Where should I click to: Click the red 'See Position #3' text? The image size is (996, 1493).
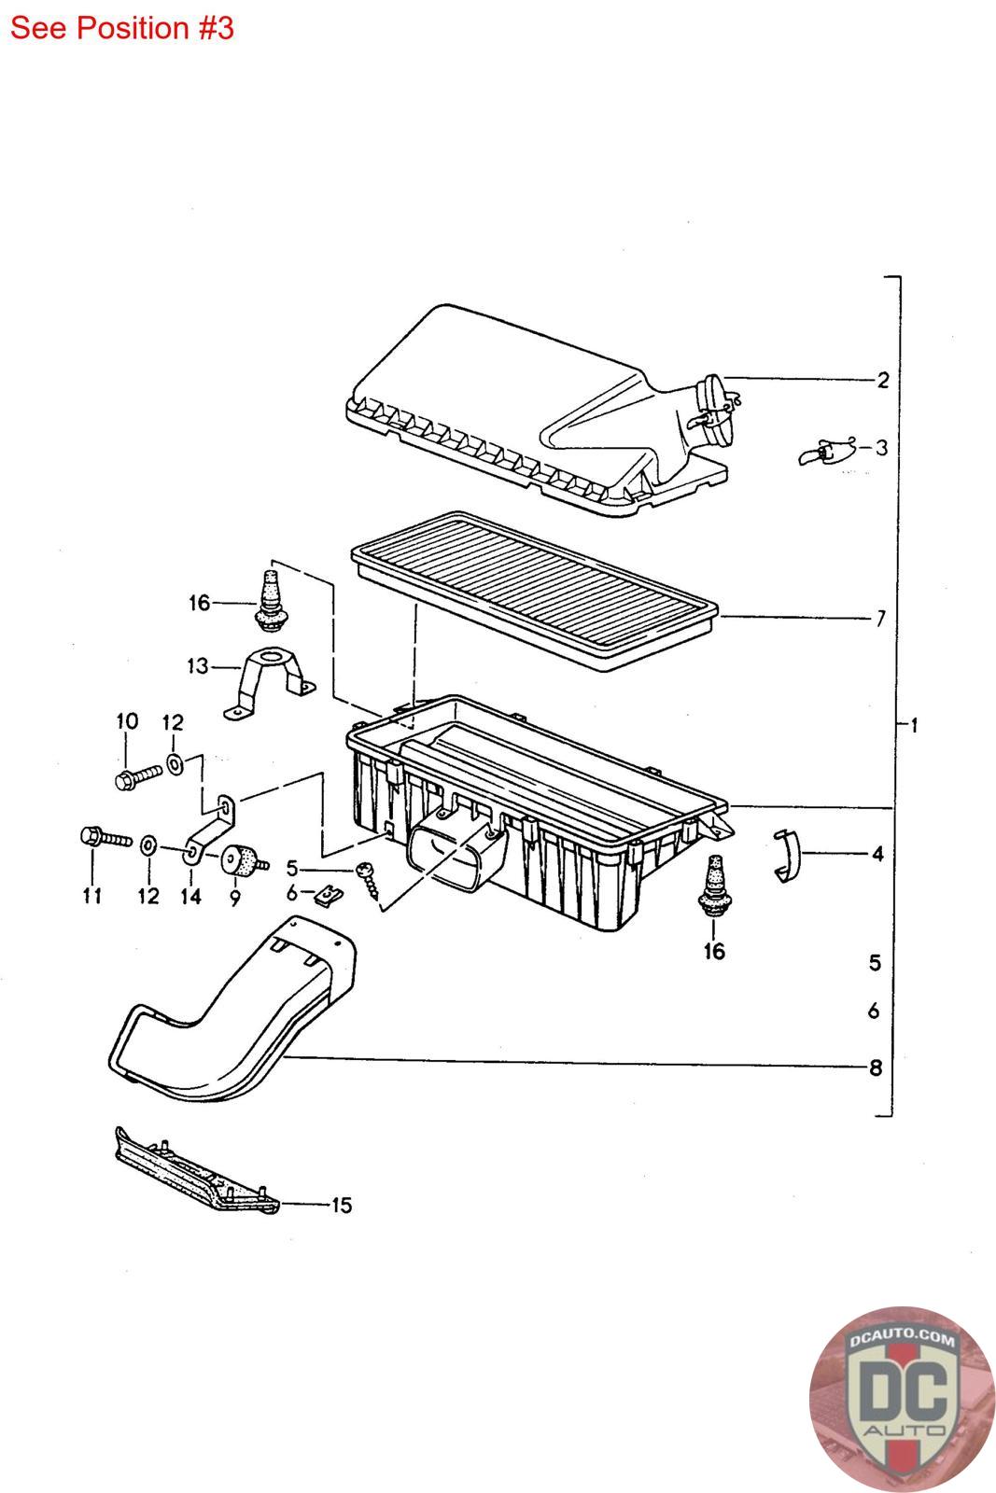point(121,28)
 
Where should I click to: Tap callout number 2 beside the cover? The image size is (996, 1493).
point(882,380)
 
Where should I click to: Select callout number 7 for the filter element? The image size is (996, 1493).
point(879,618)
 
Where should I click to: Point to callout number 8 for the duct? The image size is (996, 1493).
point(875,1067)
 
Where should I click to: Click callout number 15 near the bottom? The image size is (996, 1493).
point(342,1206)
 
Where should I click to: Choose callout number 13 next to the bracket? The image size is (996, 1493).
point(197,666)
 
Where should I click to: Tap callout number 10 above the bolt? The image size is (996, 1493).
point(127,720)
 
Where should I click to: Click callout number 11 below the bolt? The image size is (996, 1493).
point(91,897)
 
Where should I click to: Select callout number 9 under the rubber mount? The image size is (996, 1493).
point(233,897)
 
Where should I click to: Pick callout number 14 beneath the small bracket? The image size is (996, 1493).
point(190,897)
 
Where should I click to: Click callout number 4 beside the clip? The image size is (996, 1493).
point(877,853)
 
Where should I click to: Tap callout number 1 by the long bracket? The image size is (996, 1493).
point(914,725)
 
